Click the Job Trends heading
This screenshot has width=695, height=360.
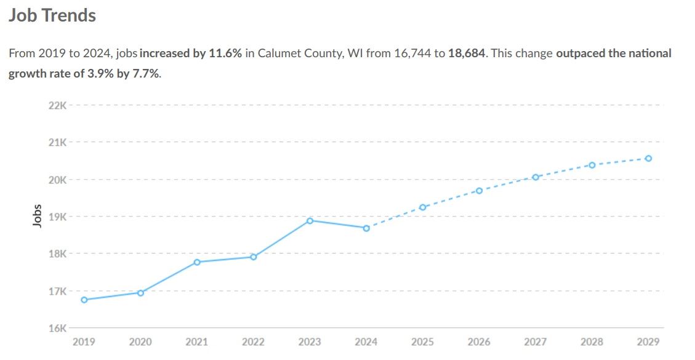[52, 15]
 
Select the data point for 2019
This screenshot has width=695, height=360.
[84, 300]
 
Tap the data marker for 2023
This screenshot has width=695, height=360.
[310, 220]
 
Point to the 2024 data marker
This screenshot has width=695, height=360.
[366, 228]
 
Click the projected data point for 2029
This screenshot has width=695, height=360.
[648, 158]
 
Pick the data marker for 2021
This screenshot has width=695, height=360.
[197, 262]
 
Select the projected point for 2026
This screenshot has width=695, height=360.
[479, 191]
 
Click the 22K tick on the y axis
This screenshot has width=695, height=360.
[57, 105]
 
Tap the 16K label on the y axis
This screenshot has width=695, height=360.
[57, 328]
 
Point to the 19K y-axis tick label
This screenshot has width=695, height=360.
[57, 217]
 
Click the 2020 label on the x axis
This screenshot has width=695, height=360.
[140, 342]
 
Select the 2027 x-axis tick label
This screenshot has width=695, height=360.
[536, 342]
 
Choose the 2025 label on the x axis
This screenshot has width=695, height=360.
[422, 342]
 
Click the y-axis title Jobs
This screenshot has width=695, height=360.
[37, 217]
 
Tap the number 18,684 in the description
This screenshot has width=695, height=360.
[467, 54]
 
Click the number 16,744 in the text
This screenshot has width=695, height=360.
[411, 54]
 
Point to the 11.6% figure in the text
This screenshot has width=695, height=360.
[226, 54]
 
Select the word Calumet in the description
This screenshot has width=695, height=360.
[278, 54]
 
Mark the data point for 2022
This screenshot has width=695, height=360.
[253, 257]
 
